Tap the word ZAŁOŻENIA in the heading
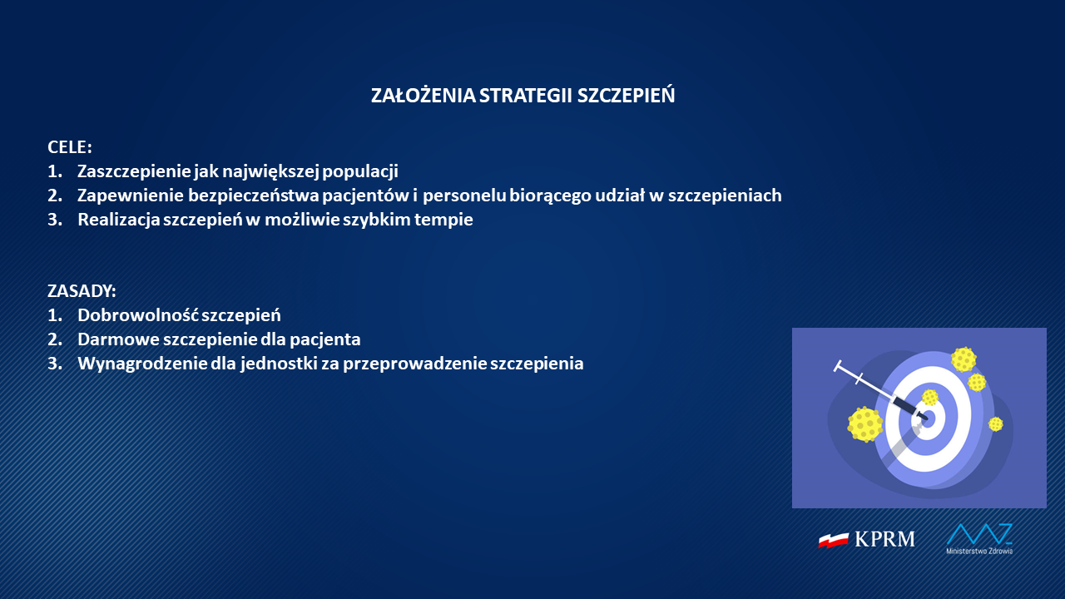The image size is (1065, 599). pos(424,95)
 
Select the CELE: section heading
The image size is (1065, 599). pos(69,147)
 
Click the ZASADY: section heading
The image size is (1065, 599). pos(82,291)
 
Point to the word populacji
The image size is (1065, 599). pos(360,172)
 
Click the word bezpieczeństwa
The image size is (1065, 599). pos(254,196)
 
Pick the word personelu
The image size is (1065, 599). pos(464,196)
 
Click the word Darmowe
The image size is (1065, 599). pos(119,339)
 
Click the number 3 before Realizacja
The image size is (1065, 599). pos(54,220)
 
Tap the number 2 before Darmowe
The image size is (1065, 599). pos(54,339)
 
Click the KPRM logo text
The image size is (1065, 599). pos(884,539)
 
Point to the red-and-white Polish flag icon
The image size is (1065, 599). pos(833,540)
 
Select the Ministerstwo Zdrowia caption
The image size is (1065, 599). pos(979,551)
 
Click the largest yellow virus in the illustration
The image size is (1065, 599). pos(865,424)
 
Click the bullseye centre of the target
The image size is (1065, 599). pos(928,418)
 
